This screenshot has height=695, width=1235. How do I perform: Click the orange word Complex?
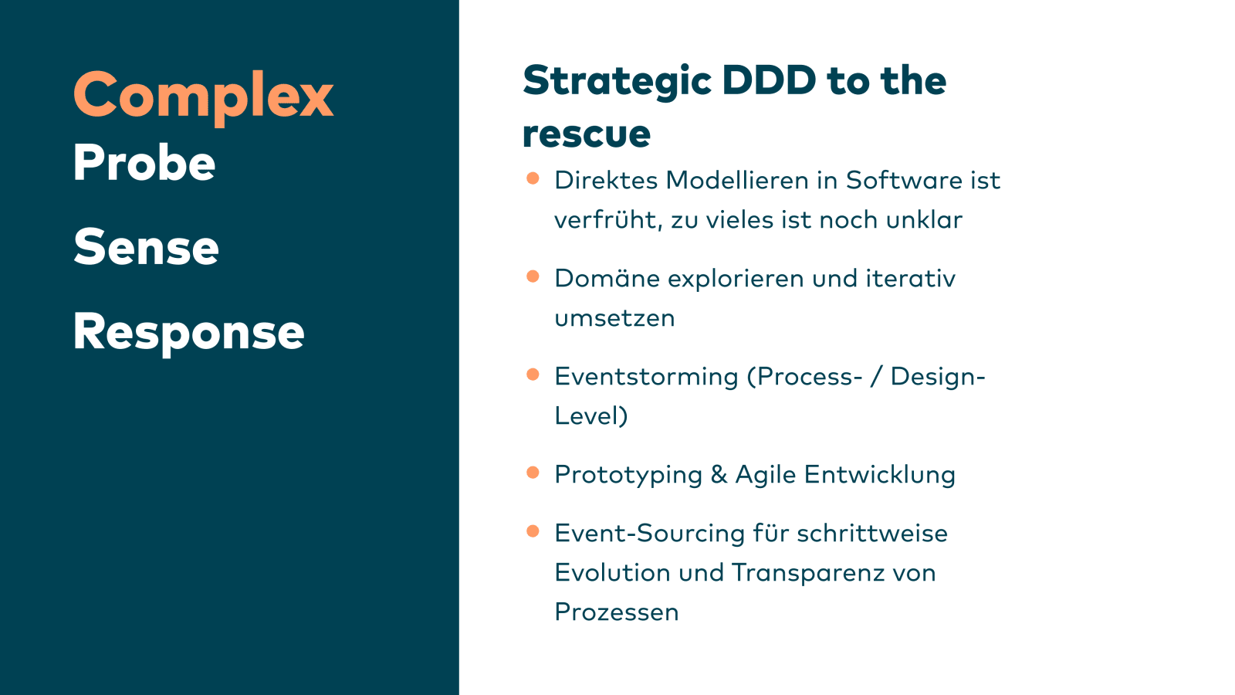click(x=204, y=97)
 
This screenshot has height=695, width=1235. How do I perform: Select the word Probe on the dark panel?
click(x=144, y=162)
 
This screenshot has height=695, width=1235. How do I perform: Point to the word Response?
click(x=188, y=333)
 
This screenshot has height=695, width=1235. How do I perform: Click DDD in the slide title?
click(x=769, y=80)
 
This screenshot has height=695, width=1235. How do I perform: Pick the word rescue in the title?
click(x=586, y=134)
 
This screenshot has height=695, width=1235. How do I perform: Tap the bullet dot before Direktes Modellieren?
click(x=533, y=178)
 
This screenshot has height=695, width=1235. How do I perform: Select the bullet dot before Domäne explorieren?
click(x=533, y=276)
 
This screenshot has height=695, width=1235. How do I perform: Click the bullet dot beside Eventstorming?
click(x=533, y=375)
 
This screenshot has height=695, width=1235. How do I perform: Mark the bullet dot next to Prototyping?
click(x=533, y=473)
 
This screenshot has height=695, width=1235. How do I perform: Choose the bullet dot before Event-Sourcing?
click(x=533, y=531)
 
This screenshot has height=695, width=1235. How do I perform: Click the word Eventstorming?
click(x=646, y=377)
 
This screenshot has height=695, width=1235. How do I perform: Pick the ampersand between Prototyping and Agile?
click(x=719, y=474)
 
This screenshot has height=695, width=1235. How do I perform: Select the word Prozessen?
click(x=617, y=612)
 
